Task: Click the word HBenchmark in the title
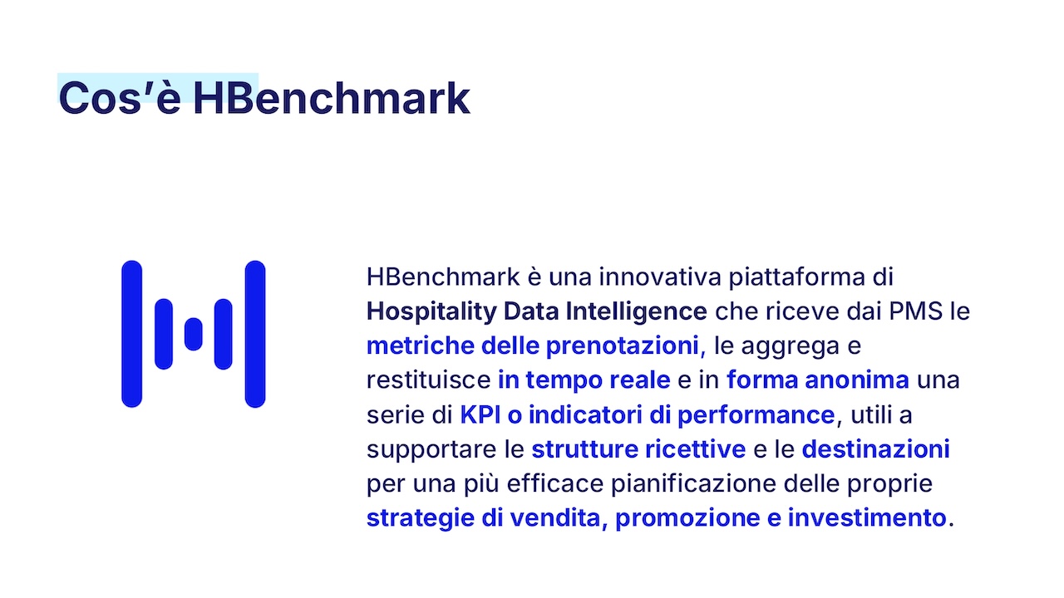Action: point(332,98)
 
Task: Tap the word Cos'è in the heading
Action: point(120,98)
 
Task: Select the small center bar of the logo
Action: point(194,334)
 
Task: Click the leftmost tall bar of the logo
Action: point(131,334)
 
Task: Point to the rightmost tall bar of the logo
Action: point(255,334)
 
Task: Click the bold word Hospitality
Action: point(431,312)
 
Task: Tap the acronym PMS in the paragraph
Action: point(915,311)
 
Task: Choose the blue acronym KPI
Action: point(480,414)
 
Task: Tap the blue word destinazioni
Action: point(876,449)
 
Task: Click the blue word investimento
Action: point(867,517)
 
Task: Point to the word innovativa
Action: point(660,277)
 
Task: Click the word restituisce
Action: point(428,380)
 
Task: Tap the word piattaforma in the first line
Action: point(796,277)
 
